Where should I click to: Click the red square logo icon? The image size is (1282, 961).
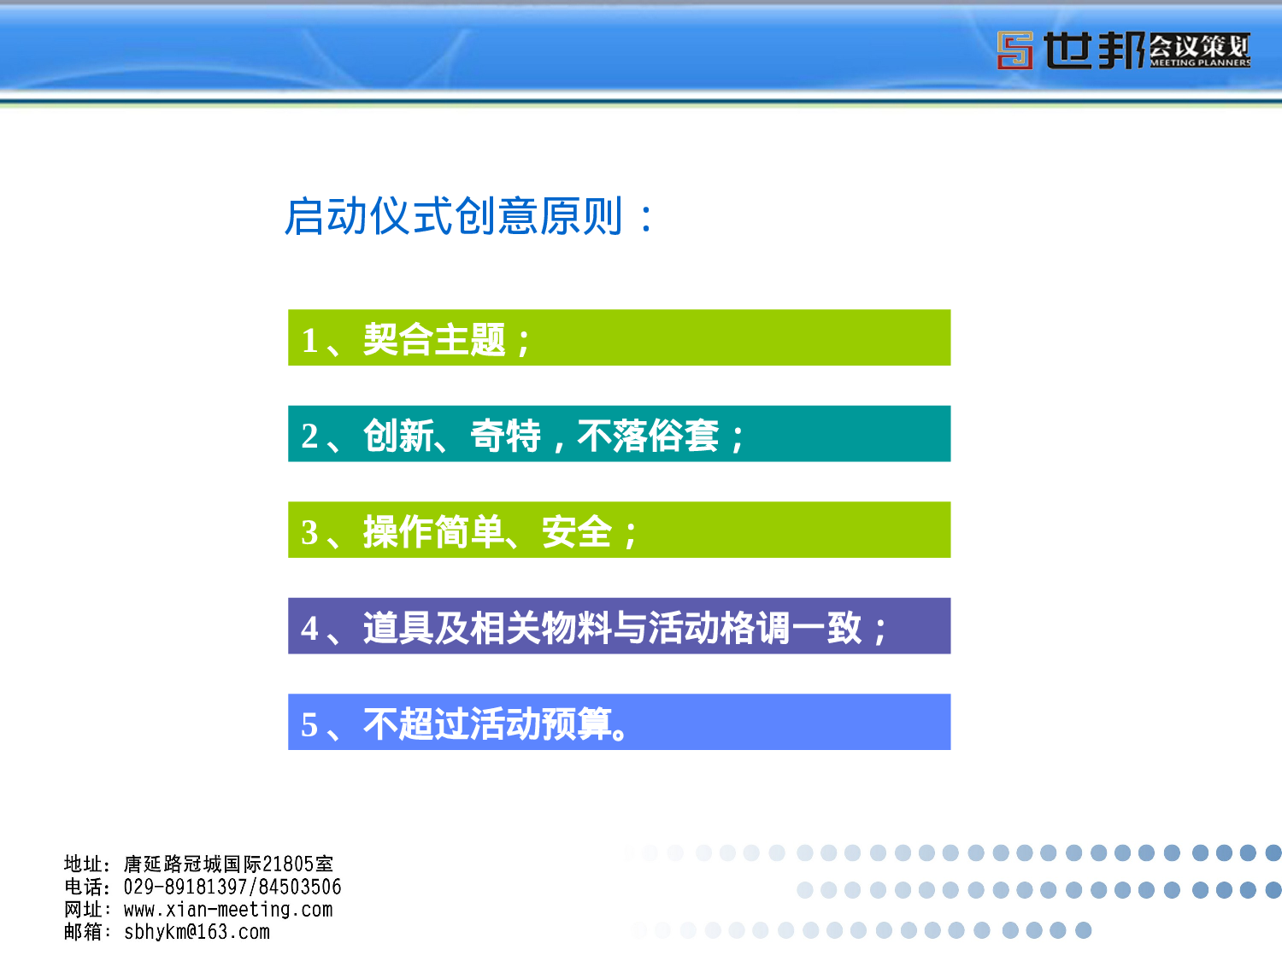coord(1014,50)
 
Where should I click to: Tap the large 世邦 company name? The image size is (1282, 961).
coord(1093,50)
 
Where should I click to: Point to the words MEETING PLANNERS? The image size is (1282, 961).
coord(1200,62)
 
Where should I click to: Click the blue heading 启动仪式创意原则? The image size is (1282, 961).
coord(453,216)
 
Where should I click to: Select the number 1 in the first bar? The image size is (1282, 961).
coord(309,341)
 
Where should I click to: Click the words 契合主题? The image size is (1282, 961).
coord(434,340)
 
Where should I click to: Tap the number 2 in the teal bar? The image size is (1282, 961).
coord(309,437)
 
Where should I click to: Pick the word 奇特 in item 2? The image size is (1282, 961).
coord(505,436)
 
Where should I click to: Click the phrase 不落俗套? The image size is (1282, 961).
coord(648,436)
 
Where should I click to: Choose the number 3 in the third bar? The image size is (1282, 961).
coord(309,533)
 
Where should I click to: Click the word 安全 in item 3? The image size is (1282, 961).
coord(577,532)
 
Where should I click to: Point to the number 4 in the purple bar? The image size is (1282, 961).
coord(309,629)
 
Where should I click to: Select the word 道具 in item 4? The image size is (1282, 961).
coord(398,628)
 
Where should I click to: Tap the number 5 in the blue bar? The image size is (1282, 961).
coord(309,725)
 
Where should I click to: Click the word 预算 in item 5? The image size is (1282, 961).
coord(577,724)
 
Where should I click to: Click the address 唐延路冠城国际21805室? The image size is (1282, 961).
coord(228,864)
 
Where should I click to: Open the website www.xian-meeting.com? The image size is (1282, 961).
coord(228,910)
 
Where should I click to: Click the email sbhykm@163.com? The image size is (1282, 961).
coord(197,932)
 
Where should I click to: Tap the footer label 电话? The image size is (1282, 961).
coord(83,888)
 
